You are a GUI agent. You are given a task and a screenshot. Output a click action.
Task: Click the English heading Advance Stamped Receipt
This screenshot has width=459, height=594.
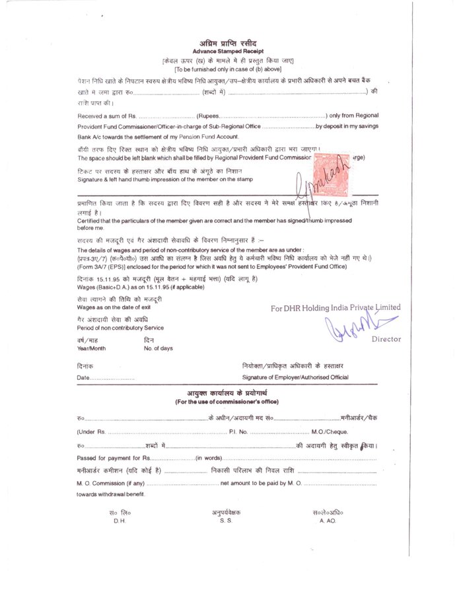tap(228, 51)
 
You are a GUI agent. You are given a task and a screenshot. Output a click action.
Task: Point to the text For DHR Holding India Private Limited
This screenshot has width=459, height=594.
tap(335, 308)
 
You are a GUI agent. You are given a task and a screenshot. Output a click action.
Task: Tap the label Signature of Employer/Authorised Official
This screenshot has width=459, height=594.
tap(295, 377)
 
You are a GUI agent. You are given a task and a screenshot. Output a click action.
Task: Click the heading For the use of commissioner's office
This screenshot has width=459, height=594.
tap(227, 402)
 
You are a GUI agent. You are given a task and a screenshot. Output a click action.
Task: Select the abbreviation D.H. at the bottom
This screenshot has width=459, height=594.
tap(120, 521)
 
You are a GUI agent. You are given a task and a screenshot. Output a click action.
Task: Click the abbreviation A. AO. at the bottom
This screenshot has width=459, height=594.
tap(328, 521)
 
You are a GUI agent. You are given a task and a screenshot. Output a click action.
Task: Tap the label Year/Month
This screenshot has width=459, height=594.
tap(91, 348)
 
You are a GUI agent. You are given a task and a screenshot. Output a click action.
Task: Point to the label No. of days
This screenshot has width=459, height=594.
tap(159, 348)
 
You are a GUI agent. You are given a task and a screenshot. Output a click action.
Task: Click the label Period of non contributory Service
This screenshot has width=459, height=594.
tap(120, 328)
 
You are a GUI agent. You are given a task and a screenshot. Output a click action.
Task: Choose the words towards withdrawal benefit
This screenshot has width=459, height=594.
tap(110, 494)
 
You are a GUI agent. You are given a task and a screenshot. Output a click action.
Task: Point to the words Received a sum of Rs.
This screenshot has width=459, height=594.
tap(106, 116)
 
